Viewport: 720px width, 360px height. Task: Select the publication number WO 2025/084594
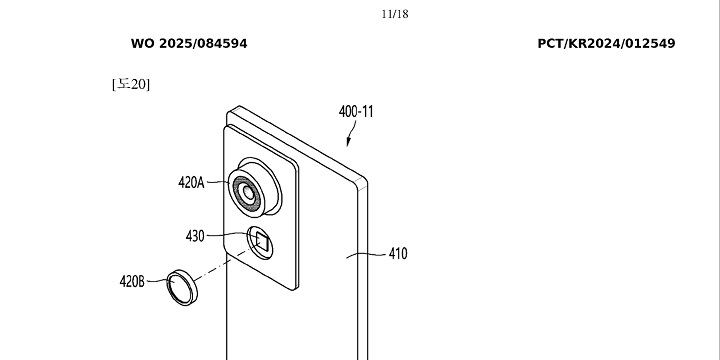189,44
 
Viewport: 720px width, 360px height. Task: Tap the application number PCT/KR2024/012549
606,44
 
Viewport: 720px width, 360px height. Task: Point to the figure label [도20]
131,83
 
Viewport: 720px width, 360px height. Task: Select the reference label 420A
191,182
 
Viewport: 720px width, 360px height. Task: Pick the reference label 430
195,236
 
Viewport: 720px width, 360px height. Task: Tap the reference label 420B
133,281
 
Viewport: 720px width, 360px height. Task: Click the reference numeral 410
398,254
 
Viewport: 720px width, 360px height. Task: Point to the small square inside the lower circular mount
261,240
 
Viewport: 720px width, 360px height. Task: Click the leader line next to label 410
367,255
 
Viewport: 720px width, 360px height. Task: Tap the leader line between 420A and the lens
217,183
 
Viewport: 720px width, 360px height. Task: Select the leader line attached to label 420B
156,282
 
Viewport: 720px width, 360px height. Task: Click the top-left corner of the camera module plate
229,111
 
